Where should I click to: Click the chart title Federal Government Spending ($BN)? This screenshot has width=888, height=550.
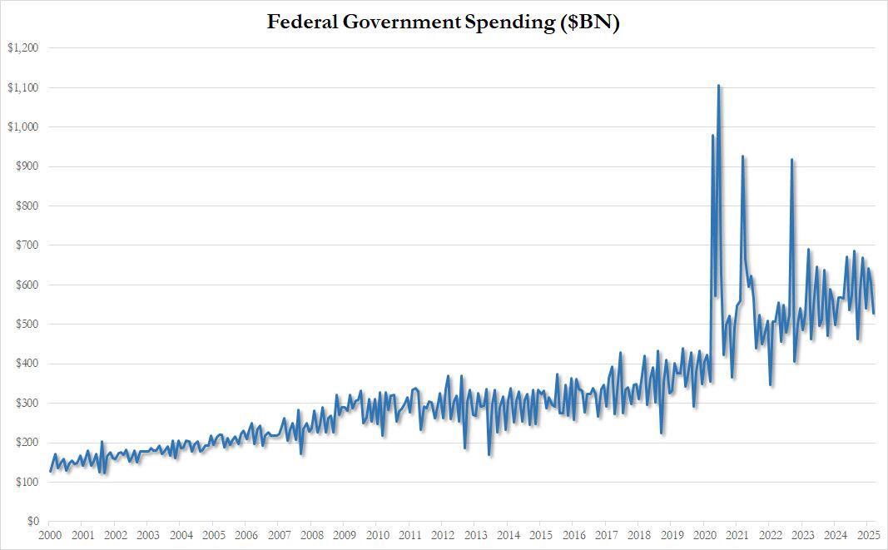444,22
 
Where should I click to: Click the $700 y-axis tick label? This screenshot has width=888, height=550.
26,245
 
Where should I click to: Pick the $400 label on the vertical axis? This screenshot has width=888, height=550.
26,364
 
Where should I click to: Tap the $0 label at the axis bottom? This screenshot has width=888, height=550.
31,522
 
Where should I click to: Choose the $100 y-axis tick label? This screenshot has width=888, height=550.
26,483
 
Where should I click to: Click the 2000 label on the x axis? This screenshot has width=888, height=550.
50,536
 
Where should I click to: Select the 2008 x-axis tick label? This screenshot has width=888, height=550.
312,536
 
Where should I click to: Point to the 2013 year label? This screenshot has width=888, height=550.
476,536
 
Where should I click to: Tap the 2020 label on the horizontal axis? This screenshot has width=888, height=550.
705,536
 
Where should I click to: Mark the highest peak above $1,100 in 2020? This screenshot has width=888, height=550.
718,86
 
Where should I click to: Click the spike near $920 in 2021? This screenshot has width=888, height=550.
742,156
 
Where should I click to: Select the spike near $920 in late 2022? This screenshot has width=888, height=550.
791,160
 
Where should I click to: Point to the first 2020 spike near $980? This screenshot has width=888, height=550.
713,136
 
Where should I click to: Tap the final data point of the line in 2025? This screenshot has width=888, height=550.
874,313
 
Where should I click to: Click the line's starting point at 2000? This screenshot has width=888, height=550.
51,471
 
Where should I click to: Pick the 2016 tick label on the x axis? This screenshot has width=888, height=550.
574,536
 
